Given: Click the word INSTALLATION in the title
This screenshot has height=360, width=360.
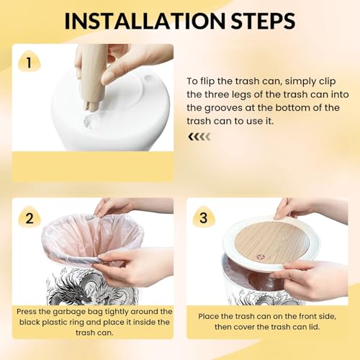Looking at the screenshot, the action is click(x=145, y=21).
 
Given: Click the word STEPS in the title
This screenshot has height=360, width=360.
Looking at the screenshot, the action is click(x=263, y=21).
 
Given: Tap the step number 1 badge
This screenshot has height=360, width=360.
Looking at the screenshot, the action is click(x=29, y=63).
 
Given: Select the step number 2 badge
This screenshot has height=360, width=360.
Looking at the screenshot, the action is click(x=30, y=218).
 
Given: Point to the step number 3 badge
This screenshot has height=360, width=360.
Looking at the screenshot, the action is click(x=204, y=217).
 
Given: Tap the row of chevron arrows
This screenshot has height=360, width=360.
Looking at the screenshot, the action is click(x=199, y=137).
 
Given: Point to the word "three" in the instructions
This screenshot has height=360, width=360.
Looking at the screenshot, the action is click(x=217, y=94).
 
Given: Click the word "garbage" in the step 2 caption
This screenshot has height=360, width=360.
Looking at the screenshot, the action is click(x=69, y=312).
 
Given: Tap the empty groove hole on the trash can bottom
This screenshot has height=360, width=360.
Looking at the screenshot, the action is click(x=150, y=78).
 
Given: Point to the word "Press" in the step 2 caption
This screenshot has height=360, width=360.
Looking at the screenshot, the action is click(x=27, y=312).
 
